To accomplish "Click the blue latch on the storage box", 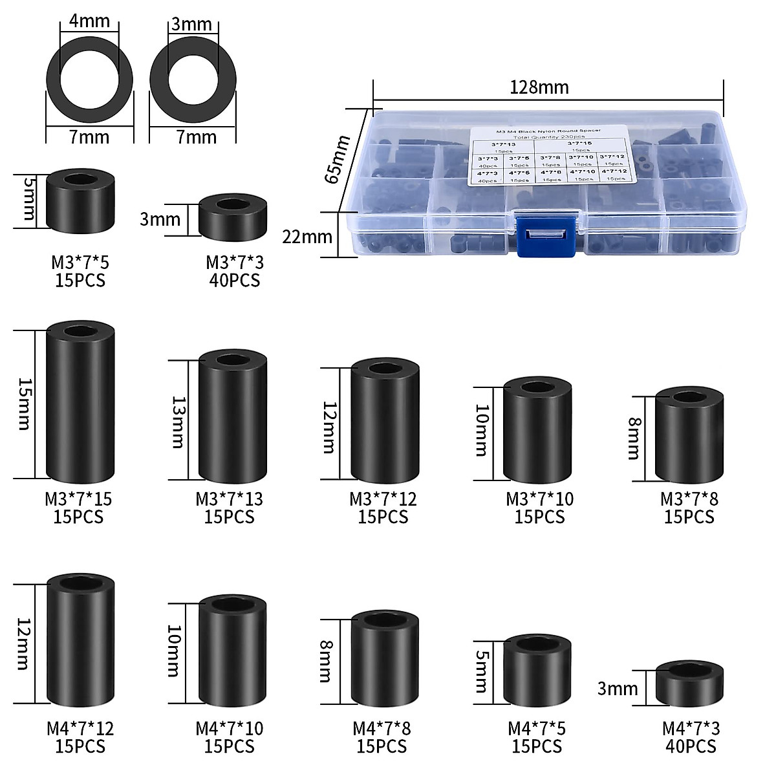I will pos(546,235).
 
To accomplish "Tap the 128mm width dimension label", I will pos(539,87).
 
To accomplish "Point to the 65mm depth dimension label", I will pos(337,158).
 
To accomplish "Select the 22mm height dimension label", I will pos(307,237).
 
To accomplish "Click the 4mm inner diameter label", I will pos(89,21).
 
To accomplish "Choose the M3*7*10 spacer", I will pos(537,430).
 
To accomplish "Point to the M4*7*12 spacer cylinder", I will pos(81,640).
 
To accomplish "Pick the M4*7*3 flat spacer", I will pos(690,684).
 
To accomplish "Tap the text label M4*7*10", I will pos(230,729).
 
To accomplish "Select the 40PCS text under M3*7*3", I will pos(235,281).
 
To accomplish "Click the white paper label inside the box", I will pos(548,155).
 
